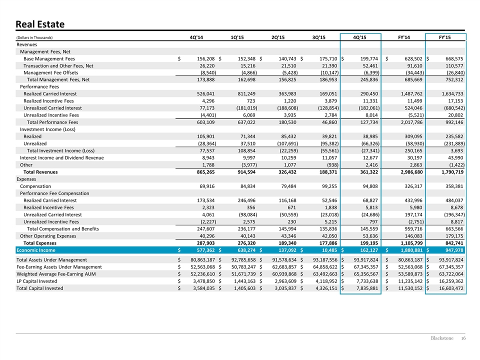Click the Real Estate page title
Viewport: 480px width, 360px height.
click(40, 24)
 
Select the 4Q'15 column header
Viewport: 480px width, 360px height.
click(359, 37)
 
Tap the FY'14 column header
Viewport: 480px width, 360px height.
click(404, 37)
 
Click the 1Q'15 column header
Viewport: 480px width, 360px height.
click(237, 37)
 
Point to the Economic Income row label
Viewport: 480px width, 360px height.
click(36, 250)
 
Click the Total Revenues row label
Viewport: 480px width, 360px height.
click(40, 172)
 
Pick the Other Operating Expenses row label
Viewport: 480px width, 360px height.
click(48, 236)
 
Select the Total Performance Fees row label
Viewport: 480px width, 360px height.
click(52, 122)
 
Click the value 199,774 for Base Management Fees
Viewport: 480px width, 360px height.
click(369, 59)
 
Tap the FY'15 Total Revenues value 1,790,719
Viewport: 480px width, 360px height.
click(451, 172)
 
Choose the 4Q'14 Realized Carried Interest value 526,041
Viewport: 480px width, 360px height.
click(205, 93)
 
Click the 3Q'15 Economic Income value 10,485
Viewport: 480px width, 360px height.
click(329, 250)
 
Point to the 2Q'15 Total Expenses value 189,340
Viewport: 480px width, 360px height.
click(287, 243)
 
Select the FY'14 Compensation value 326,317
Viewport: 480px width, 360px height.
click(413, 186)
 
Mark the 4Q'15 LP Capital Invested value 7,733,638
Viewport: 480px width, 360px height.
click(366, 281)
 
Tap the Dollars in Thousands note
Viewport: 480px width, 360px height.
click(34, 37)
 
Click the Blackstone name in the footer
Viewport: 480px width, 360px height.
click(442, 338)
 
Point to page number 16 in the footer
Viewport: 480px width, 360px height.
click(463, 338)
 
